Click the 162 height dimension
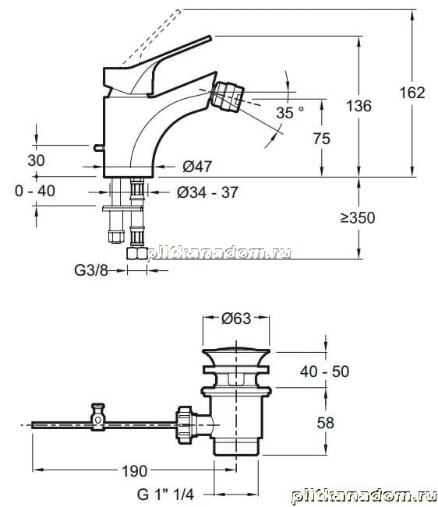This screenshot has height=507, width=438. pyautogui.click(x=412, y=93)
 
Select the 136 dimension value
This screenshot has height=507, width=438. pyautogui.click(x=359, y=106)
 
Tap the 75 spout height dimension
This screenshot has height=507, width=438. pyautogui.click(x=322, y=139)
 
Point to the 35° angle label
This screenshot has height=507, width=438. pyautogui.click(x=290, y=112)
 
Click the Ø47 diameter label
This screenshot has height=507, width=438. pyautogui.click(x=197, y=167)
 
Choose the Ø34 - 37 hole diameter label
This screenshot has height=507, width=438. pyautogui.click(x=207, y=192)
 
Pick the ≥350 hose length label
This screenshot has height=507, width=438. pyautogui.click(x=358, y=217)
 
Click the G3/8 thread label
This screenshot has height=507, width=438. pyautogui.click(x=91, y=270)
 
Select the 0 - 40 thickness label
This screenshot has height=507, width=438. pyautogui.click(x=35, y=191)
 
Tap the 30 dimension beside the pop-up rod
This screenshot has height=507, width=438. pyautogui.click(x=36, y=160)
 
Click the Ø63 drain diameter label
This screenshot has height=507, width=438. pyautogui.click(x=236, y=319)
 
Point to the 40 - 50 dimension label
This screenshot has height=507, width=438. pyautogui.click(x=324, y=371)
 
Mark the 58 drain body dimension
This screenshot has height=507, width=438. pyautogui.click(x=325, y=423)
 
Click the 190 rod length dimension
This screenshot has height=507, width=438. pyautogui.click(x=134, y=471)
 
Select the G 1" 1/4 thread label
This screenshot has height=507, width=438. pyautogui.click(x=165, y=495)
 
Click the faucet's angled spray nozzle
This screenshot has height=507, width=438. pyautogui.click(x=228, y=96)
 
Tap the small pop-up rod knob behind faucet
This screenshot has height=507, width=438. pyautogui.click(x=99, y=148)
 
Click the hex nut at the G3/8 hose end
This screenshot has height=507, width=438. pyautogui.click(x=137, y=253)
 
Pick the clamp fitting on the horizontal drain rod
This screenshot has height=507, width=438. pyautogui.click(x=97, y=417)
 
